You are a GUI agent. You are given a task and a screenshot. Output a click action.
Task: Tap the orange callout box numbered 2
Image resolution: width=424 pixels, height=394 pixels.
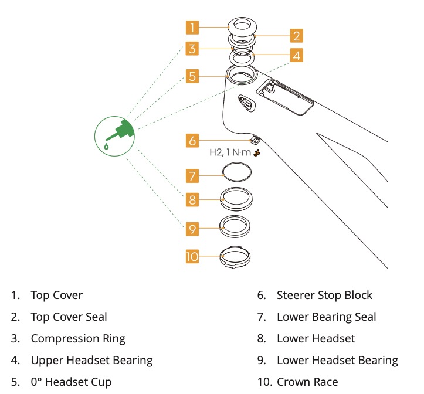click(296, 36)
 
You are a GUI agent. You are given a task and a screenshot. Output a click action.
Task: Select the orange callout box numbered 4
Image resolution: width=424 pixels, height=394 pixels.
click(296, 56)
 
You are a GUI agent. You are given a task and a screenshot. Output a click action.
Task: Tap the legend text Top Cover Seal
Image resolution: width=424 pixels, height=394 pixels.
click(69, 317)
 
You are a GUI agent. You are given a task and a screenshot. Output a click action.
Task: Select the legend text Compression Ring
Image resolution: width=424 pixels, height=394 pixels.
click(78, 338)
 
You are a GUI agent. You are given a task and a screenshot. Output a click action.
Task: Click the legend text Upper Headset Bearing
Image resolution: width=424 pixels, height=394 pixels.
click(91, 360)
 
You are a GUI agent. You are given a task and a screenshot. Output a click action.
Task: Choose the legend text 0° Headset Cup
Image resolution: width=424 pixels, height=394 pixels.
click(71, 382)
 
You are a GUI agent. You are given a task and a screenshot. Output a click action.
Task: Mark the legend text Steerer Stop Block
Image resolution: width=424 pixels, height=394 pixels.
click(324, 295)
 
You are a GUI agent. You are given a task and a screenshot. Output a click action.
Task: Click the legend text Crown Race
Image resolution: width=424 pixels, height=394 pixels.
click(307, 382)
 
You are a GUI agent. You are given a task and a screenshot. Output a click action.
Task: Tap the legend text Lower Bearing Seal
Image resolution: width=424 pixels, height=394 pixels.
click(326, 317)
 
